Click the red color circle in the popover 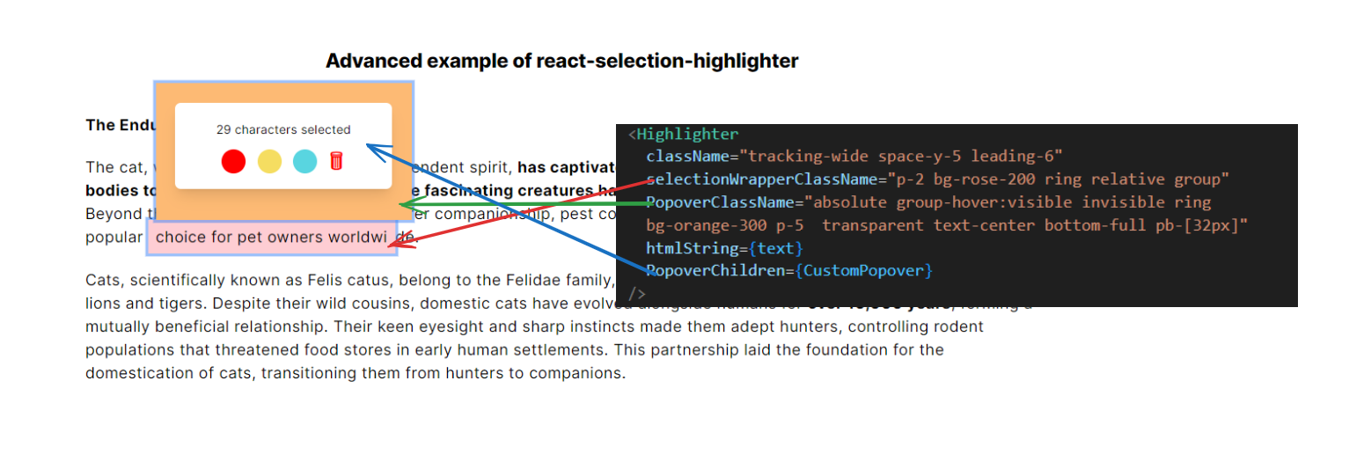coord(233,162)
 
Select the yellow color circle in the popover coord(269,162)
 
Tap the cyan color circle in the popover coord(304,162)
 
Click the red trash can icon coord(336,161)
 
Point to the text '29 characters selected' coord(283,129)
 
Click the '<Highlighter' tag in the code coord(684,135)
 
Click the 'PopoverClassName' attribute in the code coord(720,202)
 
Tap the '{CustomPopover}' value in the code coord(863,270)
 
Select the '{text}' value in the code coord(775,248)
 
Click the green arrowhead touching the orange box coord(406,204)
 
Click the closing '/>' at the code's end coord(637,293)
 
